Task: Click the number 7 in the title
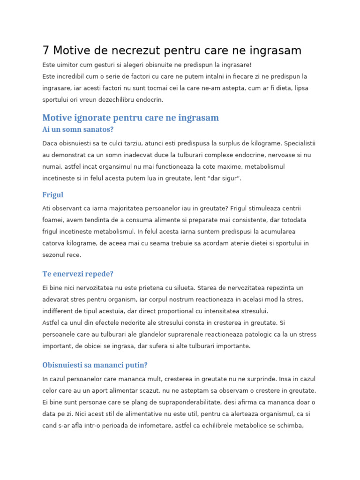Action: (x=46, y=51)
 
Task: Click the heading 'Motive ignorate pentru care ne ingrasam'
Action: (x=130, y=118)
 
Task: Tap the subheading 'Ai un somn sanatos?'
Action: (x=78, y=129)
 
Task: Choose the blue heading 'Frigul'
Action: (x=52, y=195)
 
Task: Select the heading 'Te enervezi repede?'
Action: (x=78, y=274)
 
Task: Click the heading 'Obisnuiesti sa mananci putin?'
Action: (x=95, y=365)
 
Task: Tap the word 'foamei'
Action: (x=52, y=220)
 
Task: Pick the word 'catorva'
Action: (x=53, y=243)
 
